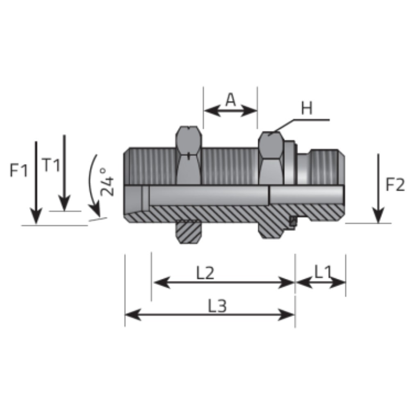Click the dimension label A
[x=230, y=100]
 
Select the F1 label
[x=18, y=170]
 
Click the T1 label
[x=51, y=165]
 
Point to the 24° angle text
[x=107, y=182]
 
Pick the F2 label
[x=395, y=184]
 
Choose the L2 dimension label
[x=205, y=273]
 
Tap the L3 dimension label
[x=217, y=306]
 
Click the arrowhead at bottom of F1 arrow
[x=36, y=216]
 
